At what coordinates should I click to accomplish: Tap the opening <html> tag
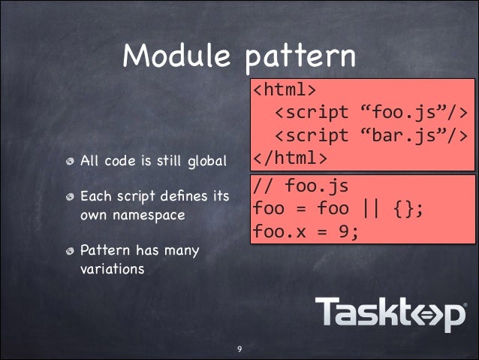point(284,90)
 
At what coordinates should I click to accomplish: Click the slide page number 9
point(239,349)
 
